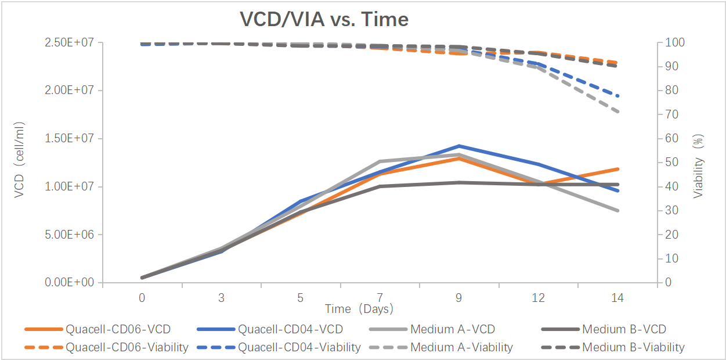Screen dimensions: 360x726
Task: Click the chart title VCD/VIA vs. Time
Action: (x=324, y=20)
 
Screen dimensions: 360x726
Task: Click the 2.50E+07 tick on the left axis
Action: (x=68, y=43)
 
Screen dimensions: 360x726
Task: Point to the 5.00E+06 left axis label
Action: (x=68, y=235)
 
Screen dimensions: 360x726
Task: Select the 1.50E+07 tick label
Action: (x=68, y=139)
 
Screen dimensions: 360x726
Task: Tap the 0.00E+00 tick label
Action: (x=68, y=283)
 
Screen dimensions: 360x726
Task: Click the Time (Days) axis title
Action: (x=359, y=309)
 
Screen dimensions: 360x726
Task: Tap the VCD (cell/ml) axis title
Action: (x=20, y=160)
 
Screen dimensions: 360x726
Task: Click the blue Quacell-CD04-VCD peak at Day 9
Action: (x=459, y=146)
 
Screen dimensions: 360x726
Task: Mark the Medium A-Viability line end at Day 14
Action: (x=617, y=111)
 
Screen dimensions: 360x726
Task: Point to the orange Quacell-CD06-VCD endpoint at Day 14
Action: (x=617, y=169)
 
